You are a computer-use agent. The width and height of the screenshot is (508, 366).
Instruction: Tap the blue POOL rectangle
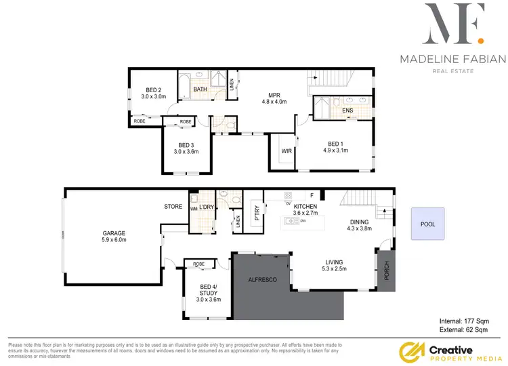click(x=427, y=224)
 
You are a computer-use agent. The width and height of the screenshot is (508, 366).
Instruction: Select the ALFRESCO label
click(x=263, y=279)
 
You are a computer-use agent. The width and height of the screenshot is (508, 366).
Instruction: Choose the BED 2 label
click(x=154, y=90)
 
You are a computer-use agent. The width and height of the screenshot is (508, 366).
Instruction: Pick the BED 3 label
click(x=186, y=145)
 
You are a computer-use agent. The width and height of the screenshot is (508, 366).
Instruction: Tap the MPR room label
click(x=275, y=96)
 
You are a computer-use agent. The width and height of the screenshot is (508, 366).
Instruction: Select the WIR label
click(x=287, y=150)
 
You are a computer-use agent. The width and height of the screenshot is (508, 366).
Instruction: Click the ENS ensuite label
click(x=347, y=110)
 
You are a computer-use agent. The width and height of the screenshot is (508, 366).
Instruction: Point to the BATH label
click(x=200, y=89)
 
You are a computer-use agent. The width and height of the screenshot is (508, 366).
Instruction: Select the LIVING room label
click(x=334, y=262)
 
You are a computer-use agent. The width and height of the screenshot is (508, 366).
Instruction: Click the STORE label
click(x=173, y=206)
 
